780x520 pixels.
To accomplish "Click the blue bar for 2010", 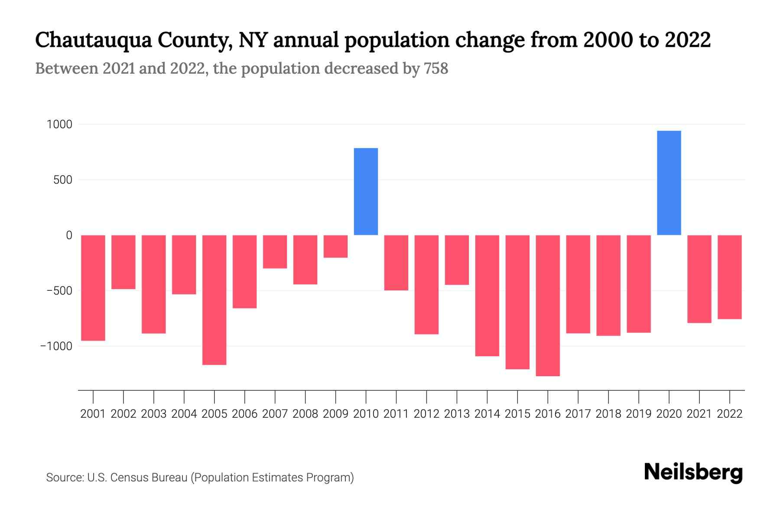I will (x=366, y=192).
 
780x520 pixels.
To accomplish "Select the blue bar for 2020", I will (x=669, y=183).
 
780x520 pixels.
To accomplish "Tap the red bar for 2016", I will (x=548, y=305).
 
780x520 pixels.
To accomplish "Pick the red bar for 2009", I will (x=335, y=246).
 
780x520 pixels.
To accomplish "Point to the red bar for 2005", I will (x=214, y=300).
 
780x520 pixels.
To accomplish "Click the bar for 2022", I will (x=730, y=277).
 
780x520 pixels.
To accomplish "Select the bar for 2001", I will (x=93, y=288).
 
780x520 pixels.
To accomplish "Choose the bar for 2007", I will (x=275, y=251).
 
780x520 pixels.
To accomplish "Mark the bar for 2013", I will (x=457, y=260).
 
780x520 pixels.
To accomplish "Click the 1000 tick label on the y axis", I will (x=59, y=125).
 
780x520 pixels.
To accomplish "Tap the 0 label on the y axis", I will (x=69, y=235).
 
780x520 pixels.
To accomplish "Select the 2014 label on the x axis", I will (x=487, y=414).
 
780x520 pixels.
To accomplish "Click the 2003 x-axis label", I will (x=154, y=414).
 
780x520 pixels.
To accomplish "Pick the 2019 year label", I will (x=638, y=414).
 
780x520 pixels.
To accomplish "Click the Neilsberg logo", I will (x=693, y=472).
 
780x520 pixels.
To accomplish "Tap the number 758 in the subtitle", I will (x=436, y=68).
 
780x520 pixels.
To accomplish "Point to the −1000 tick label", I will (x=56, y=346).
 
